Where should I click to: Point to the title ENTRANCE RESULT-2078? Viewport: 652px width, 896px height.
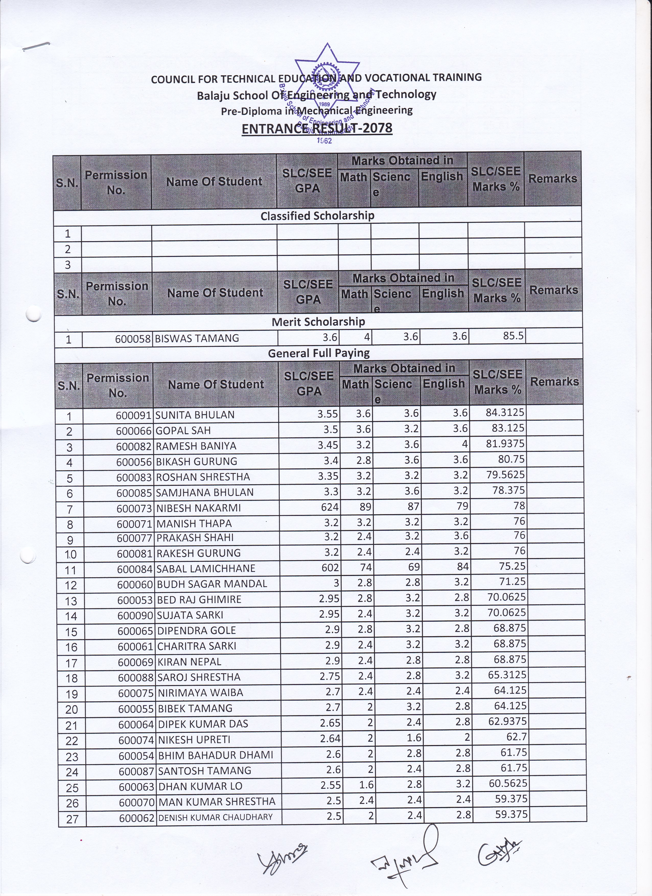[317, 128]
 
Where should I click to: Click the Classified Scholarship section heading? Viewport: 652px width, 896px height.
[317, 216]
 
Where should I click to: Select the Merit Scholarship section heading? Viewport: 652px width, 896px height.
[318, 322]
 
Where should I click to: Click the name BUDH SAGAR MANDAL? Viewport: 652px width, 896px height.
[212, 584]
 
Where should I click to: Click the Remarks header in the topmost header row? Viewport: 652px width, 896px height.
[552, 179]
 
